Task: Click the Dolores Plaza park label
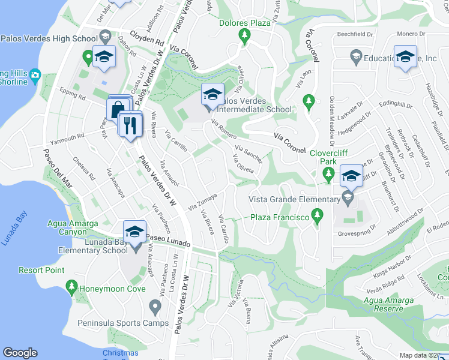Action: (x=244, y=23)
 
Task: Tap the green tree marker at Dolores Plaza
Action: (x=244, y=37)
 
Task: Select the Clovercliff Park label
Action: (x=328, y=157)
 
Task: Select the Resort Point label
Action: (x=41, y=270)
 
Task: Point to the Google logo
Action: (x=20, y=353)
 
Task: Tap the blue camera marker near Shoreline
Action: (x=35, y=75)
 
